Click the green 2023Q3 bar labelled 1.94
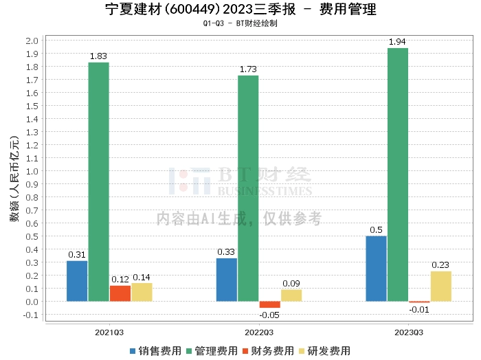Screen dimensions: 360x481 click(397, 175)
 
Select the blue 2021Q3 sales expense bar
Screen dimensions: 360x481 click(77, 281)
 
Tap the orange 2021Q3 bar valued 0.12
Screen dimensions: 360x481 click(120, 293)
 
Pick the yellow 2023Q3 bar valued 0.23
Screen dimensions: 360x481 click(440, 286)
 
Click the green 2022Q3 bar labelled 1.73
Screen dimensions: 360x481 click(248, 188)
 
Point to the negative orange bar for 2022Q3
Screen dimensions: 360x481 click(270, 304)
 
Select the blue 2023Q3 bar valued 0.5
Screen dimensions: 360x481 click(376, 269)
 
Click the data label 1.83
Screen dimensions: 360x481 click(99, 56)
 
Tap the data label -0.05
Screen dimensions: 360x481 click(269, 314)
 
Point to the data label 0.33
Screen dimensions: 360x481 click(226, 251)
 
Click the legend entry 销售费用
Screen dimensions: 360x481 click(157, 350)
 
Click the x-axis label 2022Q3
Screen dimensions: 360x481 click(258, 333)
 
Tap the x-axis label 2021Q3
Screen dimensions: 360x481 click(109, 333)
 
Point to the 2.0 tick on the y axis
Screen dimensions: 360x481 click(32, 41)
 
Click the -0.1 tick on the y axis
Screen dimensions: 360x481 click(30, 315)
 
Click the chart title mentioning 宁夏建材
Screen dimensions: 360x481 click(240, 10)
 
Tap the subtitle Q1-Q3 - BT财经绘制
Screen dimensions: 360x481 click(240, 23)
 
